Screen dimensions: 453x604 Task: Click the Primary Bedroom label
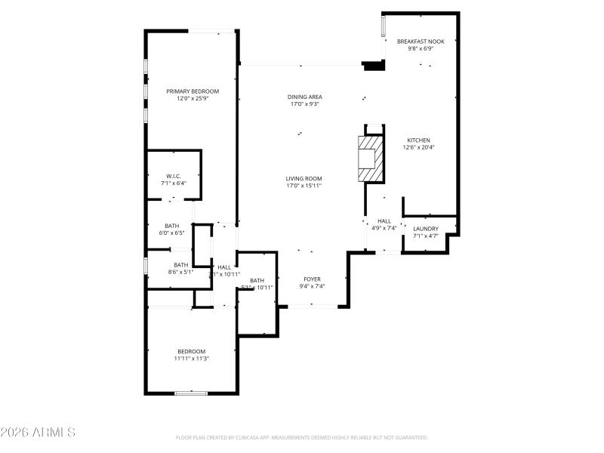[x=193, y=91]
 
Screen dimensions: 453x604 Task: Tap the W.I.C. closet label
[x=173, y=176]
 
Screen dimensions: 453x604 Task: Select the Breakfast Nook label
[x=421, y=42]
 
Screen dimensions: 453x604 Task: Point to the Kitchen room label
[x=418, y=140]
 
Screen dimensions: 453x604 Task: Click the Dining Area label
[x=304, y=97]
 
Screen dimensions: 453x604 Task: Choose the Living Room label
[x=304, y=179]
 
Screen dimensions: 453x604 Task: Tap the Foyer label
[x=312, y=279]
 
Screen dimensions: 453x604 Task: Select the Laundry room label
[x=425, y=229]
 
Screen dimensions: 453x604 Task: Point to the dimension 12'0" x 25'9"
[x=193, y=98]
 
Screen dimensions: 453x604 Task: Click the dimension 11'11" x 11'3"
[x=191, y=359]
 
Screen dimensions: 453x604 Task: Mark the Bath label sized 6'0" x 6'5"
[x=172, y=226]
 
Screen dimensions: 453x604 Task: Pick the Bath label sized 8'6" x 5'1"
[x=180, y=265]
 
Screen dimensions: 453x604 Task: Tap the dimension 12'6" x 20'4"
[x=418, y=147]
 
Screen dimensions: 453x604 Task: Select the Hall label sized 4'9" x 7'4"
[x=384, y=221]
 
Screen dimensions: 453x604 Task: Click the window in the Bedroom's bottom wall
[x=190, y=393]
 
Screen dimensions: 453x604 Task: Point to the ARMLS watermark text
[x=38, y=433]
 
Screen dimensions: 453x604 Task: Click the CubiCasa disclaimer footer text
[x=302, y=437]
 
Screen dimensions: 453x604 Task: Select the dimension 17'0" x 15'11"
[x=304, y=186]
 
